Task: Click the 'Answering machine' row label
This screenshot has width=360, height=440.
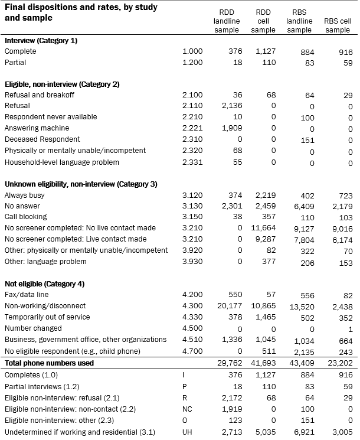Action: click(37, 128)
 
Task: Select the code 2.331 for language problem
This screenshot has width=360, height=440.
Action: click(193, 162)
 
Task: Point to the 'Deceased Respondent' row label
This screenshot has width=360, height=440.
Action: click(42, 139)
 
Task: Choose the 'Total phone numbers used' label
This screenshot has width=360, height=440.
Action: click(49, 363)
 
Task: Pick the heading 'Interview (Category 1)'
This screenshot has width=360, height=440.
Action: click(41, 40)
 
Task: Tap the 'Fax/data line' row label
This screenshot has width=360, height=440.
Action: click(27, 295)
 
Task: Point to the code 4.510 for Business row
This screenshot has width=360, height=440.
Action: click(193, 340)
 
